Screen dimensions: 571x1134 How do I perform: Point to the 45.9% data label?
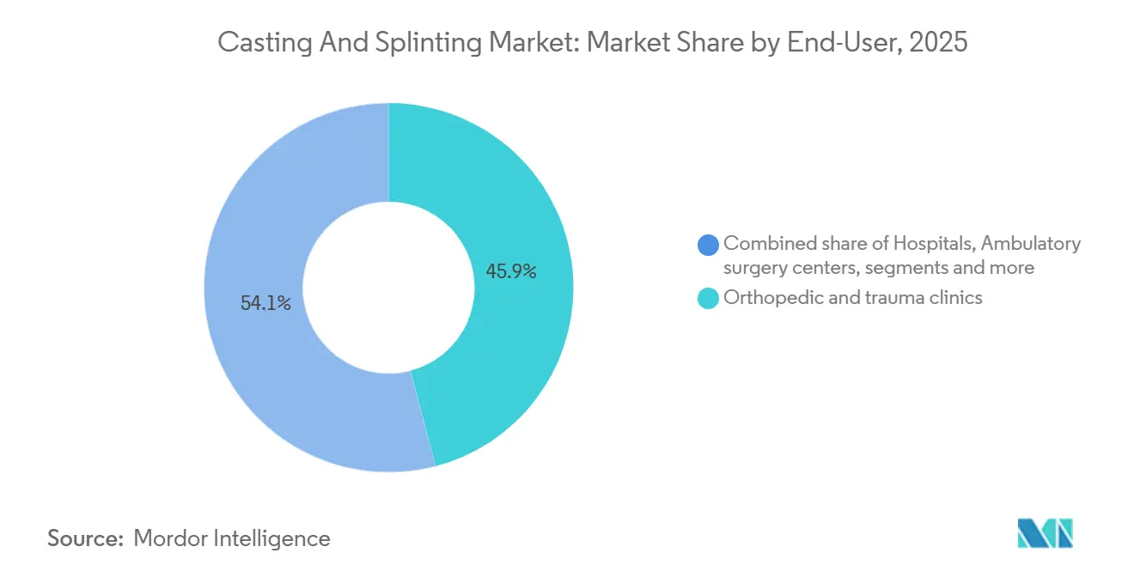pyautogui.click(x=511, y=271)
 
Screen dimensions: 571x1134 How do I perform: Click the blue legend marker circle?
pyautogui.click(x=709, y=245)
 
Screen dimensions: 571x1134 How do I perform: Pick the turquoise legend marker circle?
pyautogui.click(x=709, y=299)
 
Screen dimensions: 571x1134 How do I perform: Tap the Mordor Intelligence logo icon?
pyautogui.click(x=1045, y=533)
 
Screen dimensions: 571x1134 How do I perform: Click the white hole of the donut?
pyautogui.click(x=388, y=288)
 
